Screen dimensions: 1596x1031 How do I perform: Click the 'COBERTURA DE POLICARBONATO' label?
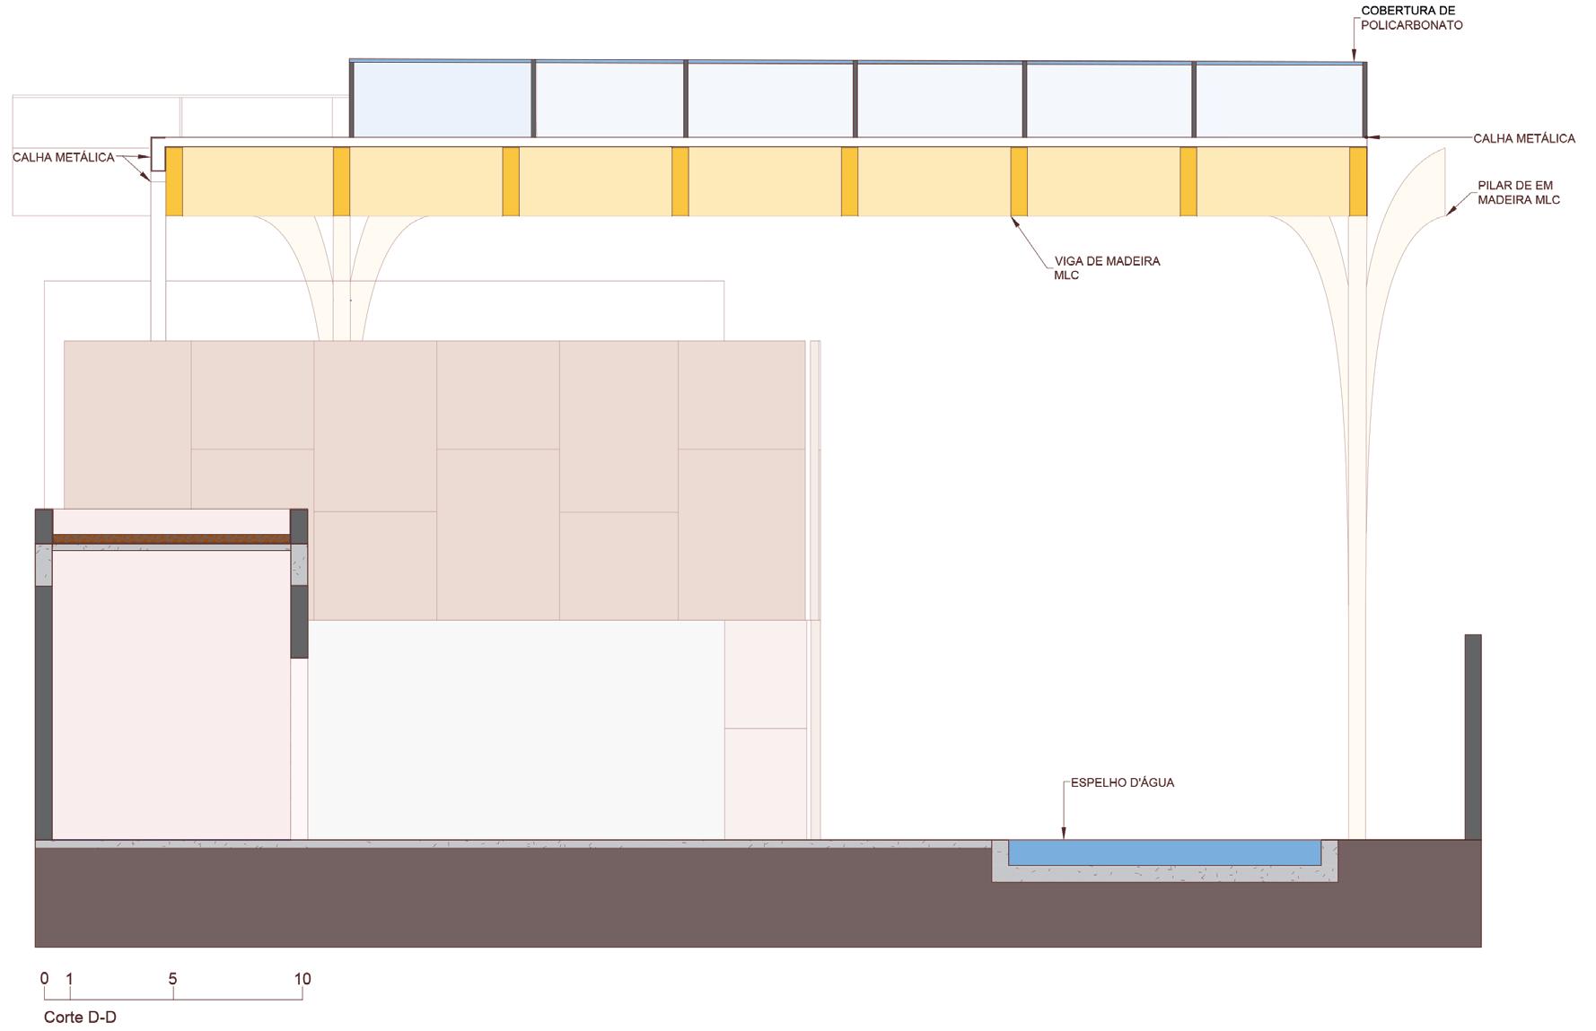1411,18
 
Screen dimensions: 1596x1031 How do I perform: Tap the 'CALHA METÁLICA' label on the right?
1523,138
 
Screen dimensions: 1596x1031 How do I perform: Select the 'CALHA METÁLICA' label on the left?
64,158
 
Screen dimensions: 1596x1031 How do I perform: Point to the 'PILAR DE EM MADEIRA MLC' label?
1518,193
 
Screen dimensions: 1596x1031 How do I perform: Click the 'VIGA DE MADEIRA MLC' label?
1106,268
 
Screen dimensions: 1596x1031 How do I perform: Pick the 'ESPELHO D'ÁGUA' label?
1121,782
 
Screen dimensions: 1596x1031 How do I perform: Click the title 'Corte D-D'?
80,1018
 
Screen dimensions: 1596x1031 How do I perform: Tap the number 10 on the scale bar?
302,979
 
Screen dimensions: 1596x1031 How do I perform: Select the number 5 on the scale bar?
172,979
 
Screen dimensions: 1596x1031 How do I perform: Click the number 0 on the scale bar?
44,979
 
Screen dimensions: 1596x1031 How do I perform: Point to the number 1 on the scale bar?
70,979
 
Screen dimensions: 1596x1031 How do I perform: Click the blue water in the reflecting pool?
1163,852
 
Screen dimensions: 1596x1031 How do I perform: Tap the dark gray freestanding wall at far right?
1472,736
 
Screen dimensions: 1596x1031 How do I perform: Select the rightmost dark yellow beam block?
1357,181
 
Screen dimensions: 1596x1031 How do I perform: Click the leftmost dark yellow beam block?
174,181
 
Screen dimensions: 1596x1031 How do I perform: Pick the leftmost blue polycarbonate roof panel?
441,99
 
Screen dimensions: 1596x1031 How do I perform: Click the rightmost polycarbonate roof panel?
1278,100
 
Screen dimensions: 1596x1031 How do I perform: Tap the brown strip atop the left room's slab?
171,539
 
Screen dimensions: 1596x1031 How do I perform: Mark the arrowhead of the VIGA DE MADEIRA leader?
1014,219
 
